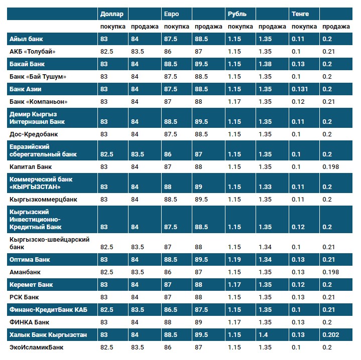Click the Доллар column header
[111, 14]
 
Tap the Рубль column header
[236, 14]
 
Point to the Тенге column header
[300, 14]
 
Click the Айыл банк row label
[26, 39]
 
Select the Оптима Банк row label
[30, 259]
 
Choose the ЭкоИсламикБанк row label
[37, 347]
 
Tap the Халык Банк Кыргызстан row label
[48, 334]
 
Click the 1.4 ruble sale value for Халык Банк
[263, 334]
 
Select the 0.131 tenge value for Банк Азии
[300, 89]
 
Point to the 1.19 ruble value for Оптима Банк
[234, 259]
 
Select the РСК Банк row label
[24, 297]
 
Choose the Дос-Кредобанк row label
[33, 134]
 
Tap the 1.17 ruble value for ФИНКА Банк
[234, 322]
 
